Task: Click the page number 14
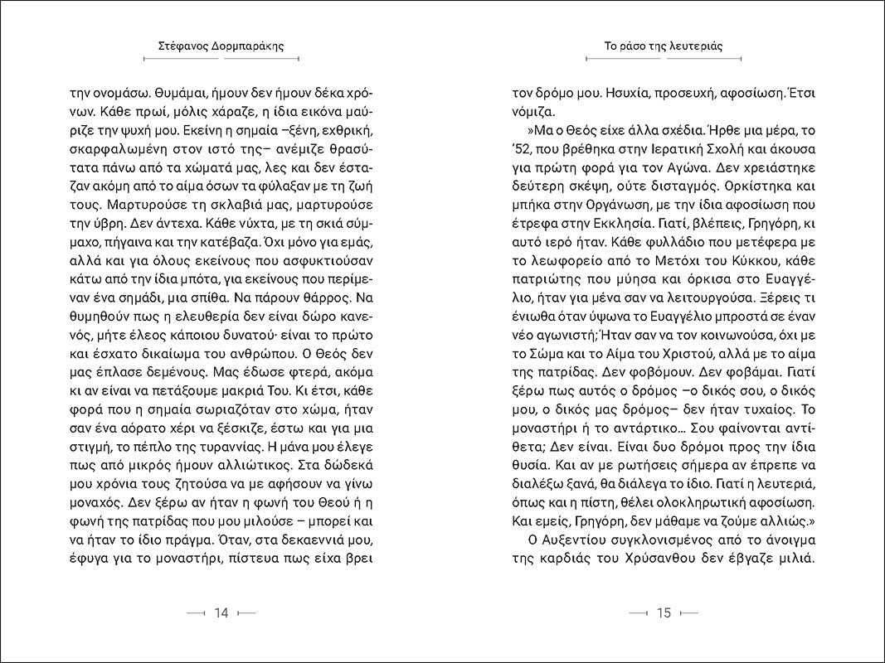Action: [x=221, y=613]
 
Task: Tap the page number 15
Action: [x=663, y=613]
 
